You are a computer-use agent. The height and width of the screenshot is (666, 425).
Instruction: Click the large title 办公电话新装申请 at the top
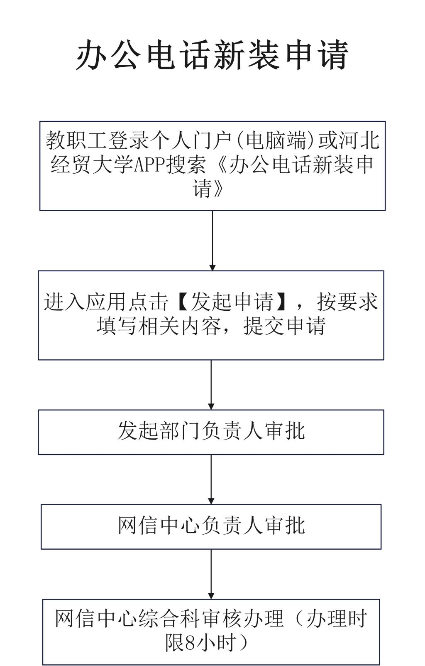pos(212,55)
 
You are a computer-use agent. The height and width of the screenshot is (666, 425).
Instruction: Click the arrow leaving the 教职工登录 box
pos(212,241)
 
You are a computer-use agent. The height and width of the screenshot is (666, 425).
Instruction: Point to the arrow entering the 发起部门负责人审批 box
pos(211,385)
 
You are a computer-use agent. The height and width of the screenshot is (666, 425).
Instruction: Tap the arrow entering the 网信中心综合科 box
pos(211,574)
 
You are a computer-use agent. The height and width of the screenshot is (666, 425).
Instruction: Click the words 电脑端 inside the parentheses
pos(276,140)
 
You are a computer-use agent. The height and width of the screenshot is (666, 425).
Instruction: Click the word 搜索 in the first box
pos(186,165)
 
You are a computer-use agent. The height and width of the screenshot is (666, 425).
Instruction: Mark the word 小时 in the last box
pos(215,643)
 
